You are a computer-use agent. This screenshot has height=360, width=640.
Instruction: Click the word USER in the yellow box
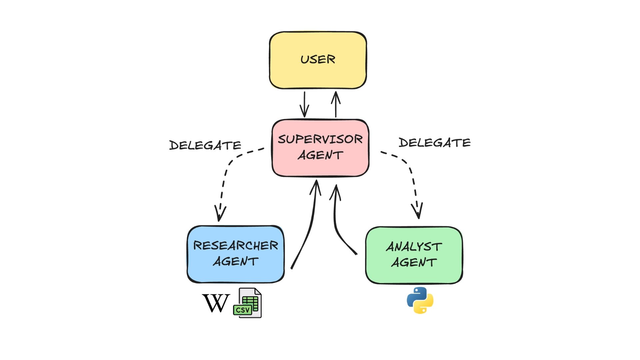318,59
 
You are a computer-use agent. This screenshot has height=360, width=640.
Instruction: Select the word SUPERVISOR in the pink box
320,139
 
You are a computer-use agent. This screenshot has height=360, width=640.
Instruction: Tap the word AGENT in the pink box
320,155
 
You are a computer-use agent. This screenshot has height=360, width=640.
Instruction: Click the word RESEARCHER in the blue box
236,246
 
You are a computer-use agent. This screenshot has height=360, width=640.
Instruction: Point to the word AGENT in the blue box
236,261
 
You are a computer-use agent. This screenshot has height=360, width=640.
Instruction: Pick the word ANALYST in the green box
414,247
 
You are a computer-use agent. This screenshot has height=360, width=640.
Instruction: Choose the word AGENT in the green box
414,262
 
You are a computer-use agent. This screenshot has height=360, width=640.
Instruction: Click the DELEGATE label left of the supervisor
205,145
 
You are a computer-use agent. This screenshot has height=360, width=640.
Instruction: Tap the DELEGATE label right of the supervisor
435,143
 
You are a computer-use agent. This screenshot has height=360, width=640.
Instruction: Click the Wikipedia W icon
216,303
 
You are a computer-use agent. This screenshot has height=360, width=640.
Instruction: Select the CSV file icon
248,303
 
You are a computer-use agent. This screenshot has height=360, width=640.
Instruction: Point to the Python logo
420,300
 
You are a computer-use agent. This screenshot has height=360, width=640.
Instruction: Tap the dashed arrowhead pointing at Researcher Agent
219,213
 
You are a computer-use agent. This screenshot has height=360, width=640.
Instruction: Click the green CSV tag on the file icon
242,310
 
